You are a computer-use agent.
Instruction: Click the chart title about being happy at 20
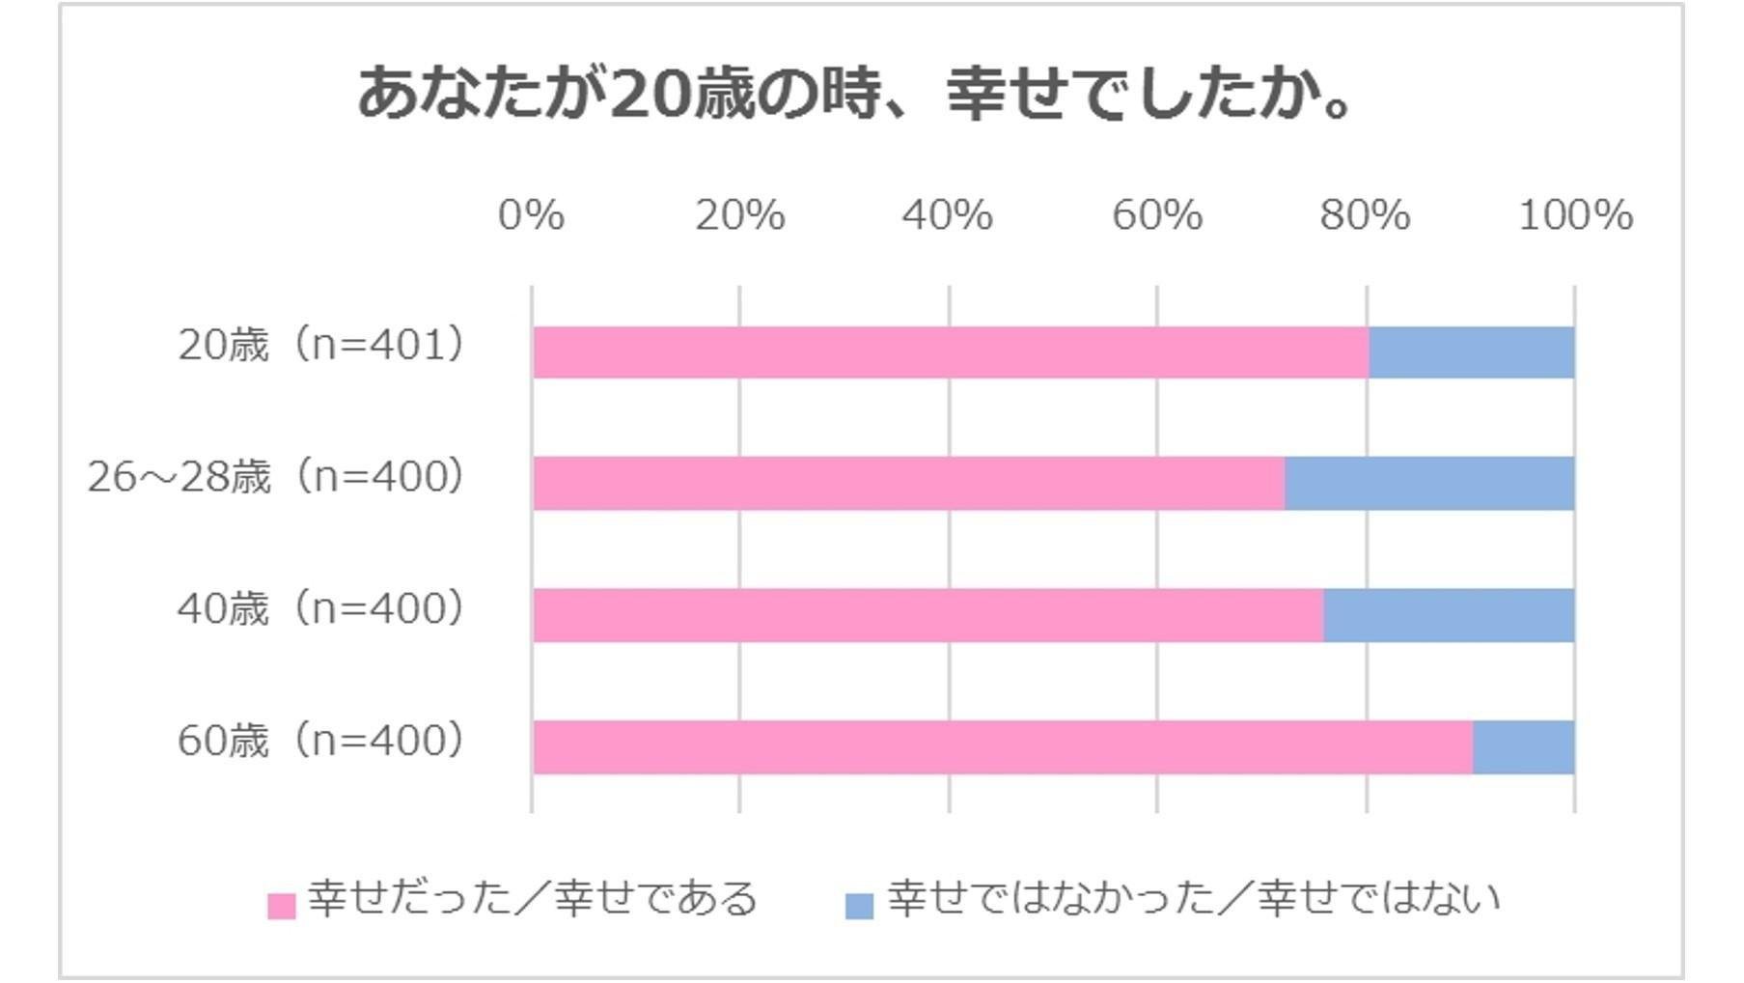856,94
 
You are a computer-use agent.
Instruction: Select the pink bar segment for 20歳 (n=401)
951,352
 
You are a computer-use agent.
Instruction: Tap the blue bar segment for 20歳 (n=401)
1472,352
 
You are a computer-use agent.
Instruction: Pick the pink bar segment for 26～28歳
909,484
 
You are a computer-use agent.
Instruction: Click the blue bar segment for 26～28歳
1430,484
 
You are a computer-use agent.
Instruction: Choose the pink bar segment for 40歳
928,615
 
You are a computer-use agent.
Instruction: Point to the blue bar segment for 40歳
1450,615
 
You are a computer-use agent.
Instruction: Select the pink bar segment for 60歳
1003,747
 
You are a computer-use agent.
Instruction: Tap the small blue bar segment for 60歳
1524,747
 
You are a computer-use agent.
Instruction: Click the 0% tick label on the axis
531,215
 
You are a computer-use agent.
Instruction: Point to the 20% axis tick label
740,215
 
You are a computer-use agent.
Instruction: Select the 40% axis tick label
948,215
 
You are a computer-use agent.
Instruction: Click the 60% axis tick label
1157,215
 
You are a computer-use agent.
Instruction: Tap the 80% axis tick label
1366,215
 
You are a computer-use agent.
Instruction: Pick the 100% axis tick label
1576,215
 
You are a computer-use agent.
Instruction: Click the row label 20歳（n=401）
322,345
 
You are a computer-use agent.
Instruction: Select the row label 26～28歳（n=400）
277,476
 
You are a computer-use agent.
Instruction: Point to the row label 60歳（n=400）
322,741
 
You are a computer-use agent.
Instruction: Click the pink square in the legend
281,906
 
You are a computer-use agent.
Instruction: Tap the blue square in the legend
859,906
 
